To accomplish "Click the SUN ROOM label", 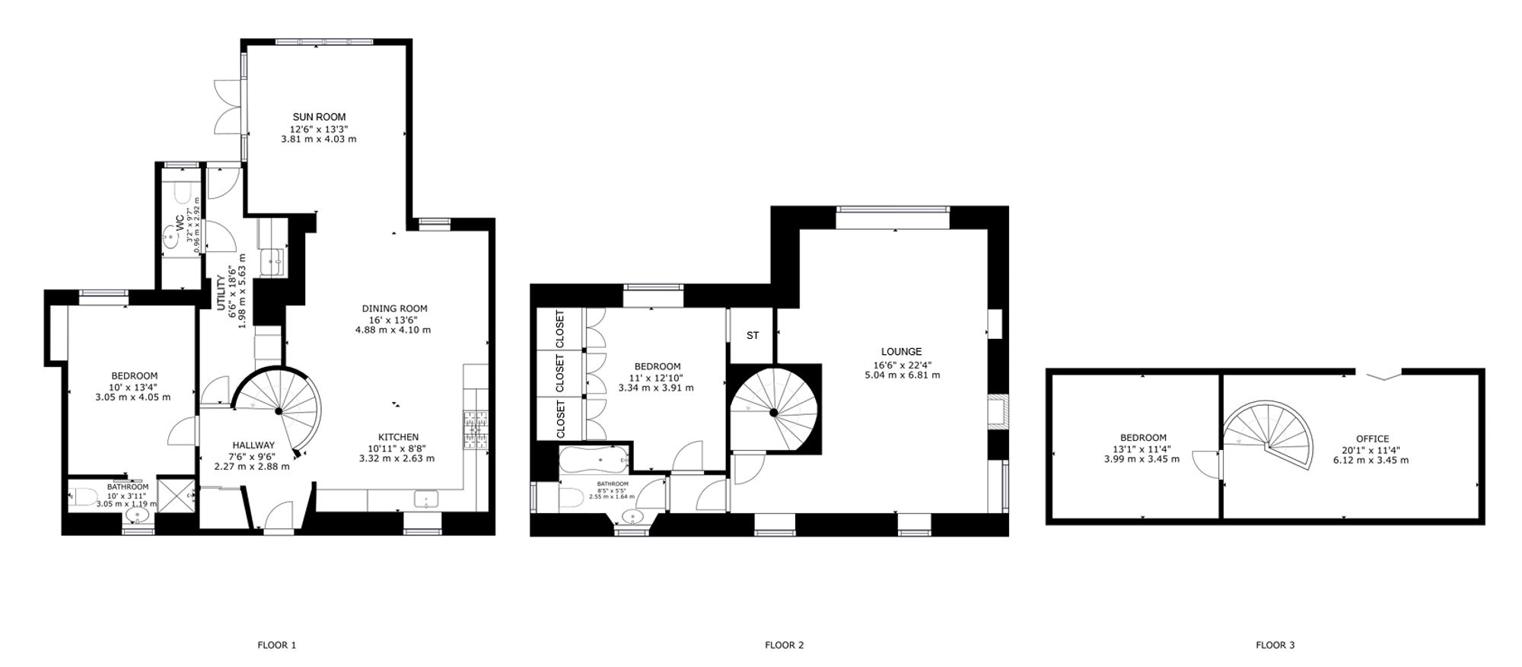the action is tap(319, 117).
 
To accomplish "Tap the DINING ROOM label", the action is tap(394, 308).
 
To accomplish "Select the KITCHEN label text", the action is tap(399, 437).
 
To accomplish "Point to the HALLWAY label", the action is tap(253, 445).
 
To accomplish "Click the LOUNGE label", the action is tap(902, 352).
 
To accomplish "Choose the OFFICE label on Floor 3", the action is tap(1372, 439).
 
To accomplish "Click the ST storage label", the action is tap(753, 335).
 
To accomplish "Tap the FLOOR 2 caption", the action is tap(784, 645).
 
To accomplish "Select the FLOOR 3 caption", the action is tap(1275, 645).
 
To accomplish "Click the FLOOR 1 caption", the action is tap(277, 645).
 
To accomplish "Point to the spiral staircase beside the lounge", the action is tap(774, 412).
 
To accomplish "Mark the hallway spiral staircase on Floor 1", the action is tap(278, 411).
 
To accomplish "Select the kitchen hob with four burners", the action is tap(476, 426).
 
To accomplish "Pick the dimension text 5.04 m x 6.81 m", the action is tap(902, 375).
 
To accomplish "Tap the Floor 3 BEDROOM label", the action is tap(1143, 438).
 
